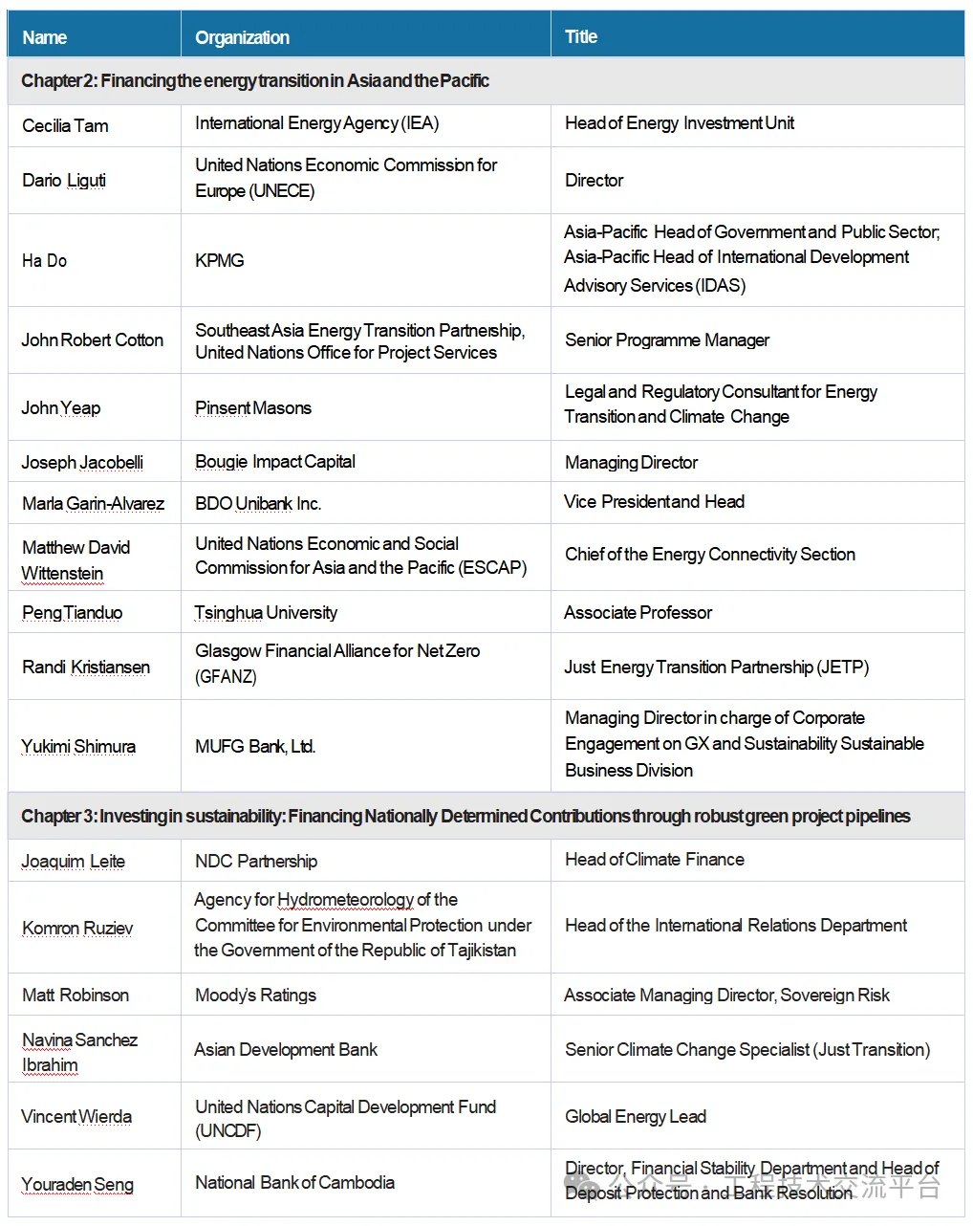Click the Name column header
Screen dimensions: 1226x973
45,37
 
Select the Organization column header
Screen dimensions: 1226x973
242,37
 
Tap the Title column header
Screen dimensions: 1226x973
581,36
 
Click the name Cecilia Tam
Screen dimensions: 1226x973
65,125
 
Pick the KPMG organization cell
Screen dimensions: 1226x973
220,260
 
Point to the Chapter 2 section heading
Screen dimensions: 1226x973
255,81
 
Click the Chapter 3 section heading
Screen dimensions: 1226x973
465,816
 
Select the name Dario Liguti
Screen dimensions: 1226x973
64,180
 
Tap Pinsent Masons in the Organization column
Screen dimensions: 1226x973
253,408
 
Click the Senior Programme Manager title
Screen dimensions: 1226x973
667,339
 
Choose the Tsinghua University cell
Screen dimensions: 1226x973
266,612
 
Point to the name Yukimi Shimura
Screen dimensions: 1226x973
78,746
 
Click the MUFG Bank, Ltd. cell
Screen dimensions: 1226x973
255,746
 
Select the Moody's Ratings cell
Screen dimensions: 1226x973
255,995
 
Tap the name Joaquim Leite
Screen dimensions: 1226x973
74,861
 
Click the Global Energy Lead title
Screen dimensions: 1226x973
636,1116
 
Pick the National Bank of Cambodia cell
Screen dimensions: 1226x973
294,1182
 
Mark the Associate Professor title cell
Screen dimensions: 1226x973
638,612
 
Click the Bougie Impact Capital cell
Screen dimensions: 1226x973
275,462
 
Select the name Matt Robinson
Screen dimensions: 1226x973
76,995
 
